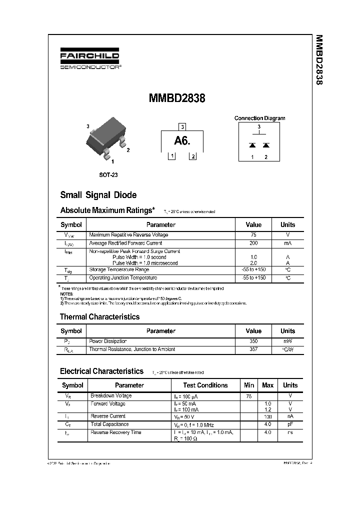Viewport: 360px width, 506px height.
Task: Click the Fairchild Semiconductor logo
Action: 90,60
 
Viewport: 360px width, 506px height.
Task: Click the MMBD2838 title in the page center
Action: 177,98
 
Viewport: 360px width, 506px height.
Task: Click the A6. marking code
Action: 182,141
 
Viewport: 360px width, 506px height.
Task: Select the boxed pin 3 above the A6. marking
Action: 182,126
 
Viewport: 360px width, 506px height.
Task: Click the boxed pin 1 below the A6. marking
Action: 171,156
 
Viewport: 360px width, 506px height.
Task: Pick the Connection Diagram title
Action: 259,118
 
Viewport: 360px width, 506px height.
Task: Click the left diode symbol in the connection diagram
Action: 252,145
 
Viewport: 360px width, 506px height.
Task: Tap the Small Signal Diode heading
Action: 98,195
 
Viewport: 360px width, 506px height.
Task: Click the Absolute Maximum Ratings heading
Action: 107,210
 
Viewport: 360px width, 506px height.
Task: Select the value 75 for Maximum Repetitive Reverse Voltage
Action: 253,235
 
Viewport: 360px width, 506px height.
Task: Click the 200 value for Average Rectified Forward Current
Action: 253,243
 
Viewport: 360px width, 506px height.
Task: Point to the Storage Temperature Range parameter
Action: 119,269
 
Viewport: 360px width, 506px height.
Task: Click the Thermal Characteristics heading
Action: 99,316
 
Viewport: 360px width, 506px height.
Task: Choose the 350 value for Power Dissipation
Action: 253,341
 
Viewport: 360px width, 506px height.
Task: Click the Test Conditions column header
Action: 205,385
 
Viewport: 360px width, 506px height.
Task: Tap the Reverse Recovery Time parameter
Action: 115,432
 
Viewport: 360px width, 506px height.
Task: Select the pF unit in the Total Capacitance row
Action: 290,424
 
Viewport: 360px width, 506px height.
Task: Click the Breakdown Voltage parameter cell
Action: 111,395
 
